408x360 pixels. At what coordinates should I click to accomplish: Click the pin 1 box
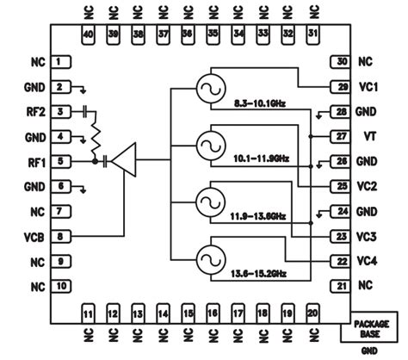(59, 62)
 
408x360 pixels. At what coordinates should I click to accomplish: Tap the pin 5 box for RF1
(59, 161)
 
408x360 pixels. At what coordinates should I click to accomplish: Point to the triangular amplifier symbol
(126, 160)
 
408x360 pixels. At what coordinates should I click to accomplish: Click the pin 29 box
(341, 86)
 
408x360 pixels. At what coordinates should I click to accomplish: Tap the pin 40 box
(86, 34)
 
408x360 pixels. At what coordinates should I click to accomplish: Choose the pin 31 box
(312, 34)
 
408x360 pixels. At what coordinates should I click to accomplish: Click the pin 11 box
(86, 313)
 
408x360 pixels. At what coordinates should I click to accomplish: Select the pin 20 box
(312, 313)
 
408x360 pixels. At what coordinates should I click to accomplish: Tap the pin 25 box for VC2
(341, 186)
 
